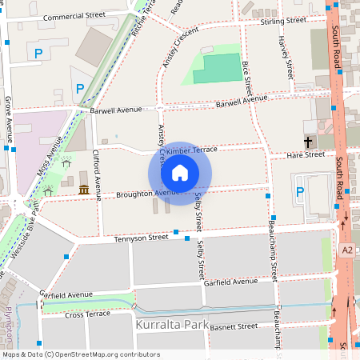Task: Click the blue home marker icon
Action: click(180, 172)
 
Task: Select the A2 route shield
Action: click(347, 250)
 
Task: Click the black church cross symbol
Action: click(307, 142)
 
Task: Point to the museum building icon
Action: click(84, 189)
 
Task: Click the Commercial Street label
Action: click(74, 16)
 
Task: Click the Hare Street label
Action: click(305, 155)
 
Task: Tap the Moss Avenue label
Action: click(49, 155)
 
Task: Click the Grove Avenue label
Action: click(9, 115)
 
